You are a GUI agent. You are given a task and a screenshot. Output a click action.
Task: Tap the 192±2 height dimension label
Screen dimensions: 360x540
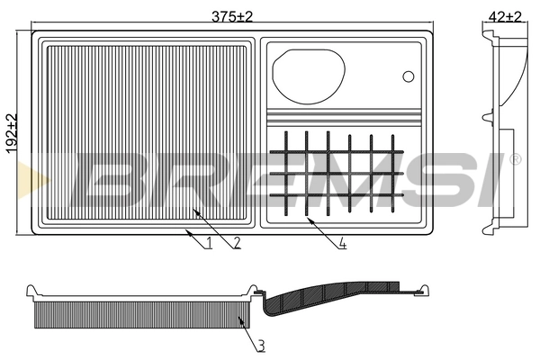point(12,134)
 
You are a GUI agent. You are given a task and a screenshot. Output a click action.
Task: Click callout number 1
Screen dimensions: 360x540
point(208,242)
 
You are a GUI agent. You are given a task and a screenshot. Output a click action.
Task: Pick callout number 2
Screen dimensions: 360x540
point(235,242)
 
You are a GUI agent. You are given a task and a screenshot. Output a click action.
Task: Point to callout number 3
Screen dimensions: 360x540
point(260,345)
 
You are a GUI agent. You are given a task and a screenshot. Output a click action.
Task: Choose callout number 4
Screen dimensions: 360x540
point(343,242)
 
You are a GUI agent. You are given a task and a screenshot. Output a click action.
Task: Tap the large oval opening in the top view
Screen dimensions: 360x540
point(308,74)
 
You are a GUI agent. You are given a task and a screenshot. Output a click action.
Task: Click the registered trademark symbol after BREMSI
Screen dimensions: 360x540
point(514,159)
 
